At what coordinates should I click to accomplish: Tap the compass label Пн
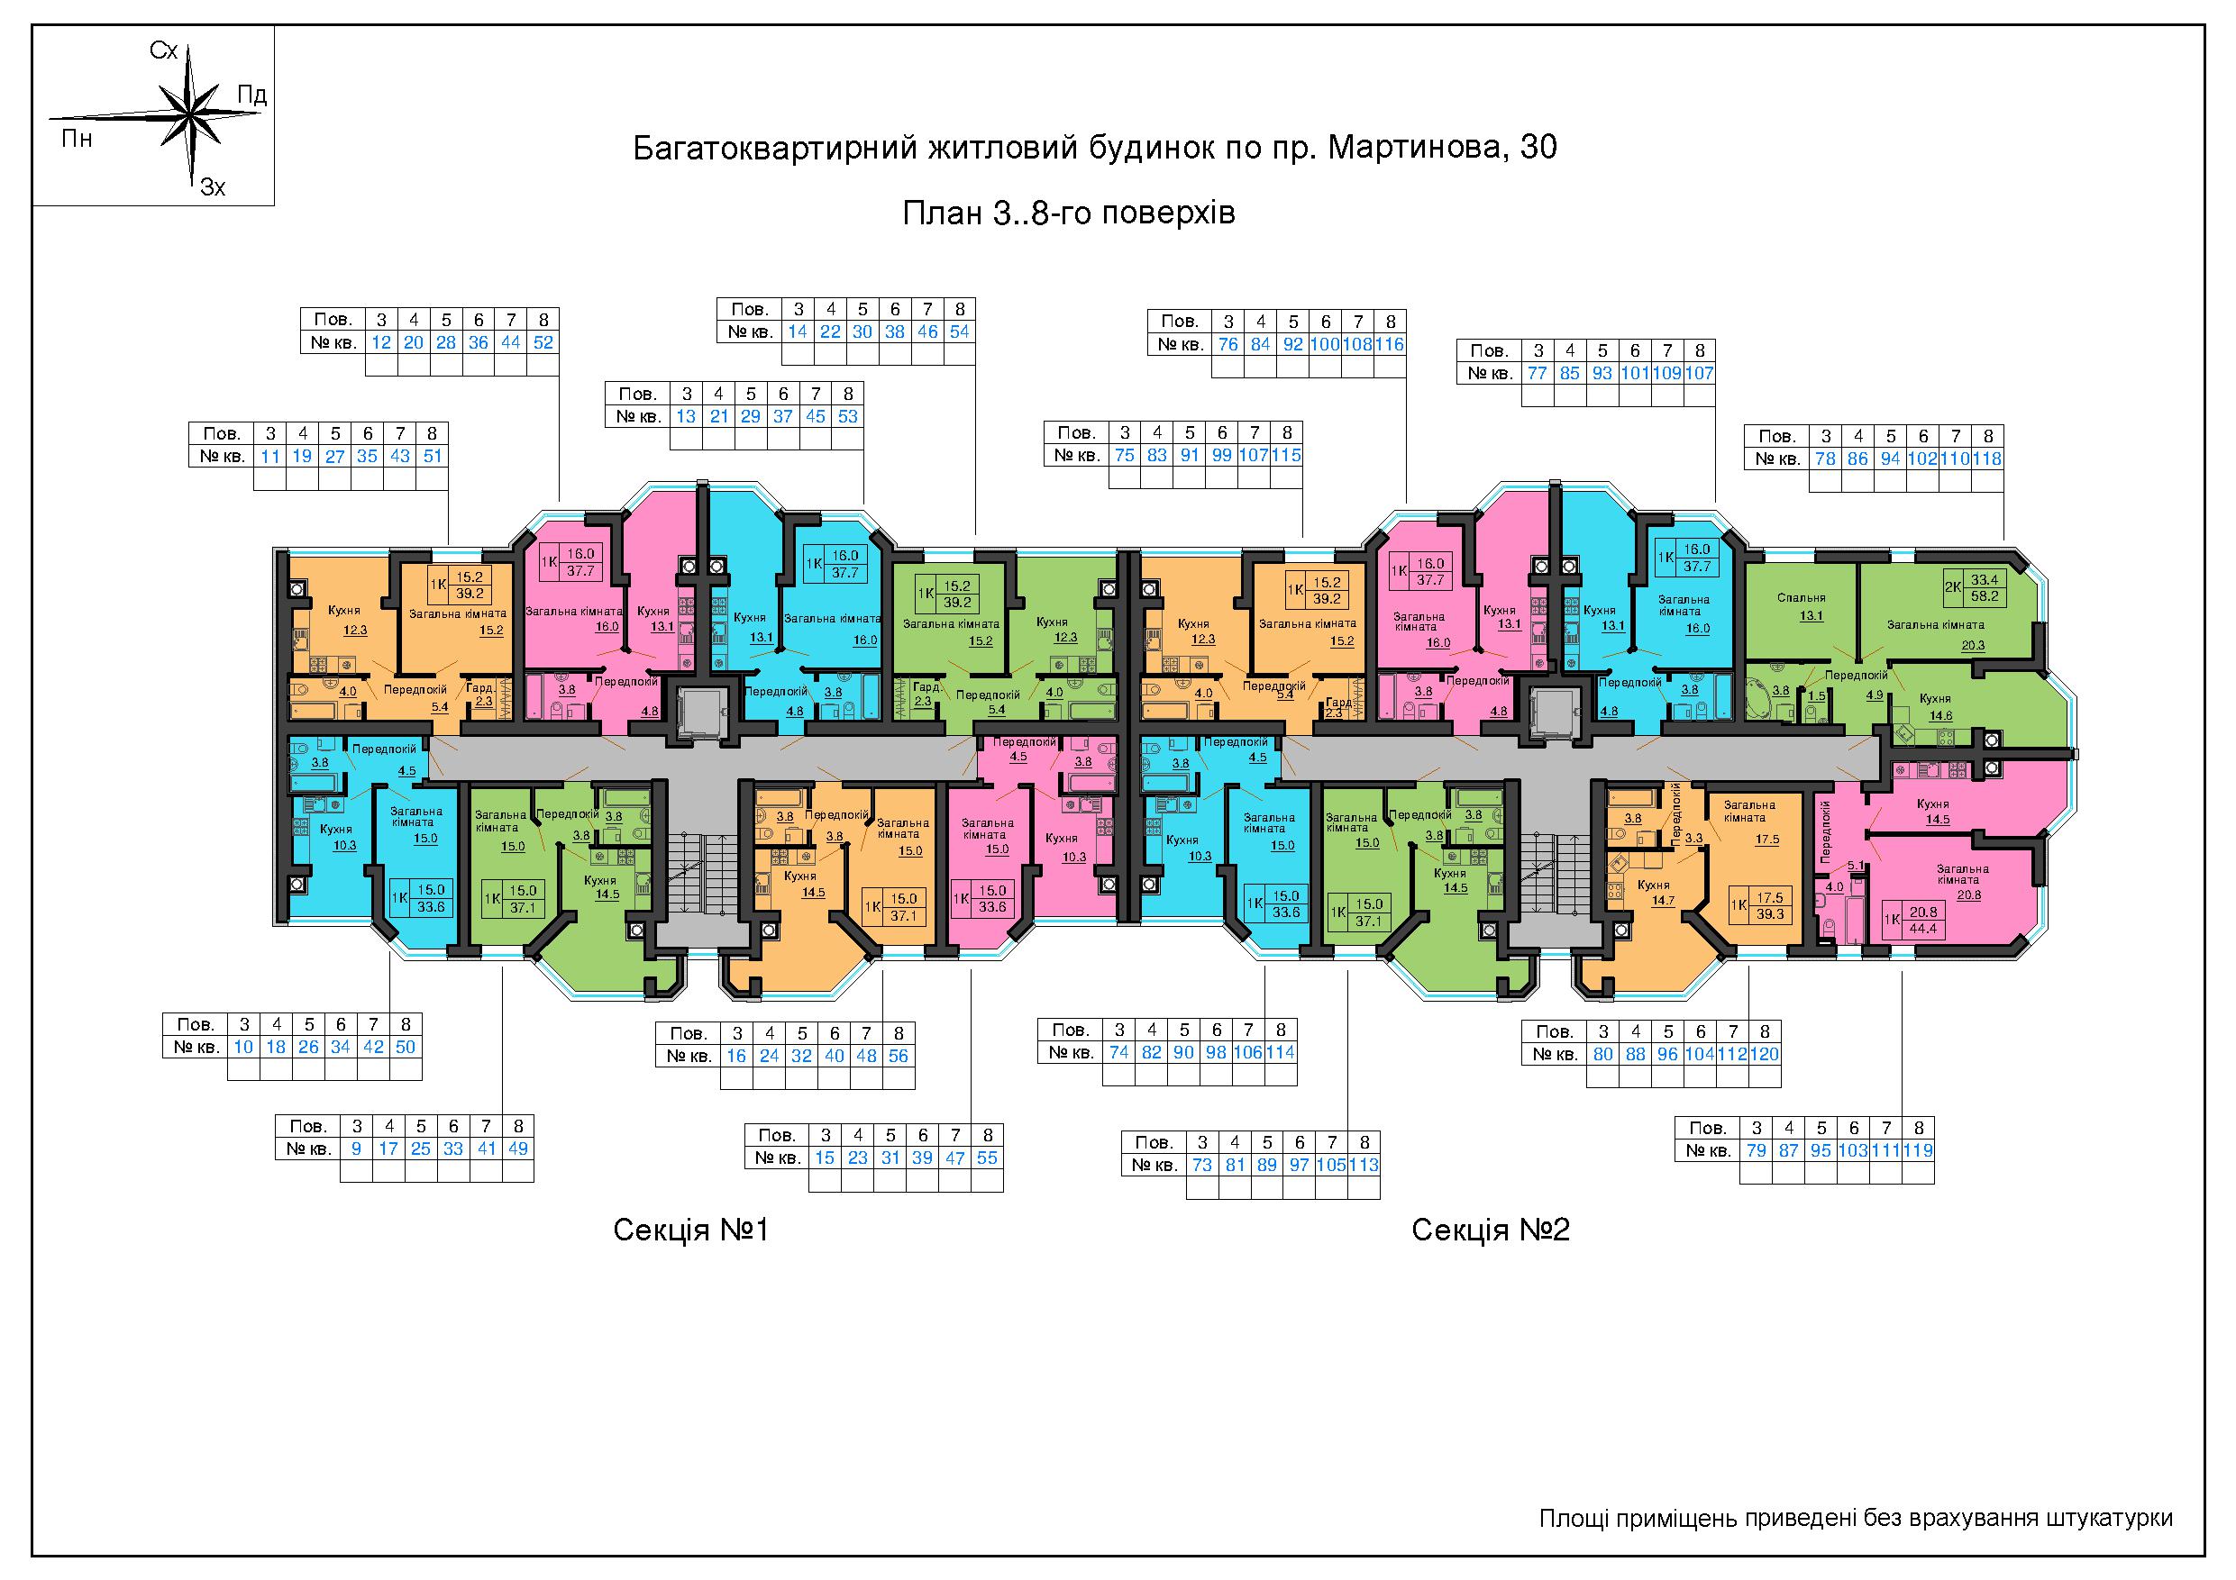point(77,138)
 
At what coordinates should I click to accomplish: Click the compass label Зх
point(213,186)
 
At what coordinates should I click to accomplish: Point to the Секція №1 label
point(690,1230)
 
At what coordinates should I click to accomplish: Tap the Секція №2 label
point(1490,1230)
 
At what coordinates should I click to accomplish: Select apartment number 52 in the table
point(543,341)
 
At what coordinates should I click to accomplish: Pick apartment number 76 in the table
point(1228,343)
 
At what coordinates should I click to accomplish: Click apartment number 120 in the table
point(1765,1053)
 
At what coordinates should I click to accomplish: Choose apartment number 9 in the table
point(356,1148)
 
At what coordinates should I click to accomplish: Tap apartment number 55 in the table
point(987,1158)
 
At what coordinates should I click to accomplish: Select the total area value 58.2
point(1985,596)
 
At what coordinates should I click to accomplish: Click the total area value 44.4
point(1924,929)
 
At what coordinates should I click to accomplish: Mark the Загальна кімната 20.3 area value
point(1973,644)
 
